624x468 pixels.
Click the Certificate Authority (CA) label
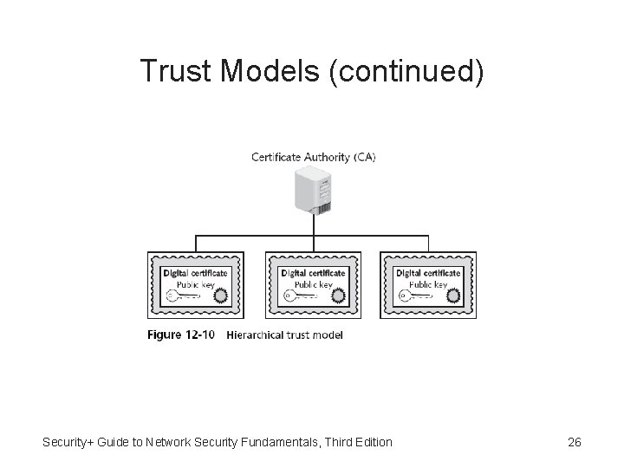[x=314, y=157]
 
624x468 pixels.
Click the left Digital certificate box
[x=195, y=283]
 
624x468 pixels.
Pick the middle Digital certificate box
[x=313, y=283]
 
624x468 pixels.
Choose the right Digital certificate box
[x=428, y=283]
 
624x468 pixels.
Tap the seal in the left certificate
[x=221, y=296]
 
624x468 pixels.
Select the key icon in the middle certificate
[x=300, y=296]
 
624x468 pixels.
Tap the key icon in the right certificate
[x=416, y=296]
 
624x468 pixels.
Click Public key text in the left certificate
[x=196, y=283]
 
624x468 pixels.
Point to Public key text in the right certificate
[x=428, y=283]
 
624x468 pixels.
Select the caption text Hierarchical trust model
[x=284, y=335]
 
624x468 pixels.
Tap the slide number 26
[x=574, y=443]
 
